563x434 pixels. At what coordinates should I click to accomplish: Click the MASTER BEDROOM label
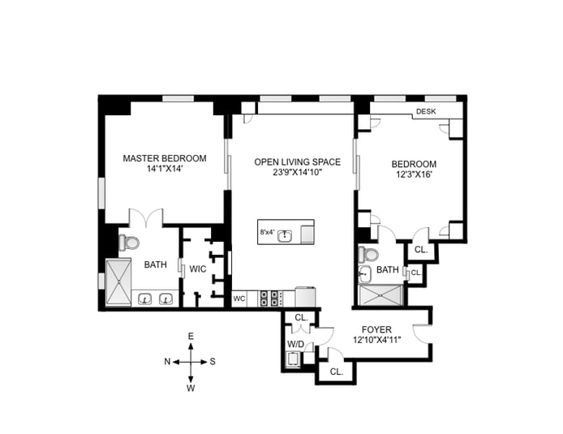tap(165, 158)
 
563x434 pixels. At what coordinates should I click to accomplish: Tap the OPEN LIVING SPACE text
tap(297, 162)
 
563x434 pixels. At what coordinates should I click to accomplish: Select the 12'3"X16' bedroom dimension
tap(414, 175)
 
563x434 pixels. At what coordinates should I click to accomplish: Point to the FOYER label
tap(376, 329)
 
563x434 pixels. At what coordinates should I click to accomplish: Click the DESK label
tap(426, 111)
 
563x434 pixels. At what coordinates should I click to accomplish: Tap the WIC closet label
tap(198, 269)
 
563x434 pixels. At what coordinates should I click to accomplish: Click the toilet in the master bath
tap(129, 243)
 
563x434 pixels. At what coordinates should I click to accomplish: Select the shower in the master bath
tap(118, 282)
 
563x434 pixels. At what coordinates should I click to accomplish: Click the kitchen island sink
tap(285, 235)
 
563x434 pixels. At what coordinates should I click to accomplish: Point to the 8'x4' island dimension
tap(267, 232)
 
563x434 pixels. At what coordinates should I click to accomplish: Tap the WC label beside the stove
tap(239, 299)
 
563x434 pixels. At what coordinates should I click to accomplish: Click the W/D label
tap(295, 344)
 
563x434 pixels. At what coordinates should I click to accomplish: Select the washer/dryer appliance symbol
tap(293, 359)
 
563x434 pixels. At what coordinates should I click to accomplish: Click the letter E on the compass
tap(191, 337)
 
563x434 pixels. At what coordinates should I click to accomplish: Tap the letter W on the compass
tap(191, 388)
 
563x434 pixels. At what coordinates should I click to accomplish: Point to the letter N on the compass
tap(167, 362)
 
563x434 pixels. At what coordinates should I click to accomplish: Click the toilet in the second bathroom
tap(369, 255)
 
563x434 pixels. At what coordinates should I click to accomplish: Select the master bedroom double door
tap(146, 217)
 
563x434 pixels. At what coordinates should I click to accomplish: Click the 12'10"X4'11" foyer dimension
tap(376, 340)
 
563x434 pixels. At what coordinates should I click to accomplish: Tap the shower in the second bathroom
tap(380, 295)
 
